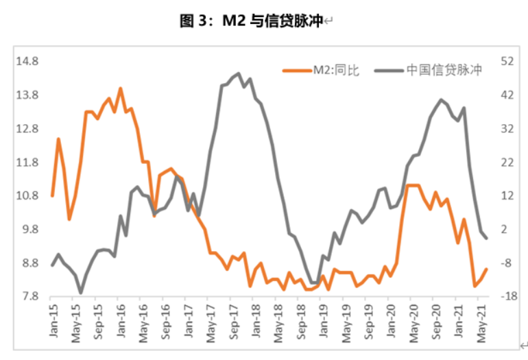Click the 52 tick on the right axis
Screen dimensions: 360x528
[x=507, y=61]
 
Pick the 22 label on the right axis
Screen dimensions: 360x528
[x=507, y=162]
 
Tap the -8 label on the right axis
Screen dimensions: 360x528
[x=507, y=263]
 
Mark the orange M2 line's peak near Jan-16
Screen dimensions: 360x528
[x=120, y=88]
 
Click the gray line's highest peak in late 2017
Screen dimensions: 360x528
[x=238, y=73]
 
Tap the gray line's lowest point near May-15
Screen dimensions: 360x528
[x=81, y=293]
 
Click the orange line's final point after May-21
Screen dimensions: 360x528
[x=486, y=269]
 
